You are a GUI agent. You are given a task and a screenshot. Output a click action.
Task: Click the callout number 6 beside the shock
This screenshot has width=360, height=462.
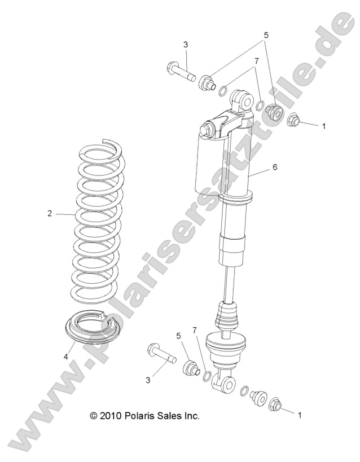point(274,168)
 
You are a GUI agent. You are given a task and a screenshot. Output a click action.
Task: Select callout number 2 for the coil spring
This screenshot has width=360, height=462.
point(50,213)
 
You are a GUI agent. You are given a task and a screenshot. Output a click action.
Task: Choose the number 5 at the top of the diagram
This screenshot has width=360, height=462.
point(265,34)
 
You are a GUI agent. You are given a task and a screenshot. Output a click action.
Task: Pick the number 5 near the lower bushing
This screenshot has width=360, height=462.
point(179,336)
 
